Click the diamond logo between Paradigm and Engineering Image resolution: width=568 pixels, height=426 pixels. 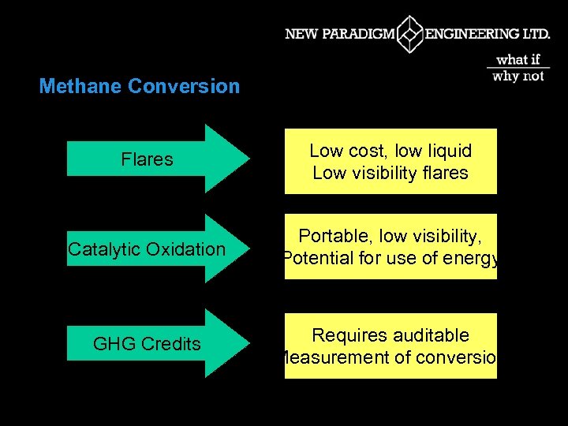click(x=409, y=35)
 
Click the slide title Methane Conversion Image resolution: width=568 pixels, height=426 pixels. click(x=139, y=86)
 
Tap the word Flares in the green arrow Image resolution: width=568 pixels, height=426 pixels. click(x=147, y=159)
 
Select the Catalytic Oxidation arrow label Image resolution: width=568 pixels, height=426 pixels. click(x=147, y=249)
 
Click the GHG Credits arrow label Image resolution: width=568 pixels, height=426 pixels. click(x=147, y=344)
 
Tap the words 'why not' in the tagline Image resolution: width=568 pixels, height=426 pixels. click(x=518, y=76)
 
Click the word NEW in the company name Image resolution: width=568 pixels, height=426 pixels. click(x=301, y=35)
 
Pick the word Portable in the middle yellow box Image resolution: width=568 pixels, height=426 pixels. click(x=334, y=236)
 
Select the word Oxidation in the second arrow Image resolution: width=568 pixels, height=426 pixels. click(x=187, y=249)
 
